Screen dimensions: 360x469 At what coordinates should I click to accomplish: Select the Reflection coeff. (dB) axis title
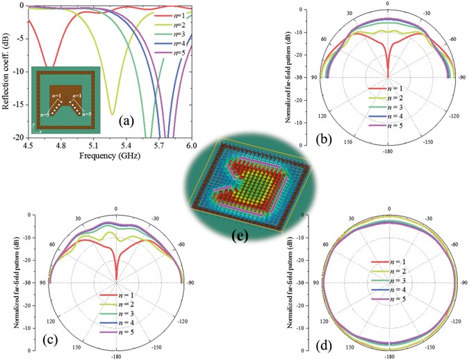7,69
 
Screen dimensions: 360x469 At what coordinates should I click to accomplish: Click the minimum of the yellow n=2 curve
113,114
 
